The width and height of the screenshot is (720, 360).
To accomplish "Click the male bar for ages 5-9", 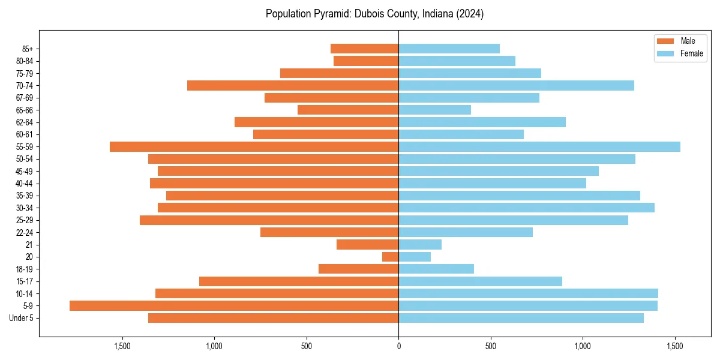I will [234, 306].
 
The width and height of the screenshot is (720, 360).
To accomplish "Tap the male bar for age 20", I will [391, 257].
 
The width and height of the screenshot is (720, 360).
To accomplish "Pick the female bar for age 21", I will [420, 245].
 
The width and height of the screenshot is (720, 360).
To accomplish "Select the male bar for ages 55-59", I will [254, 147].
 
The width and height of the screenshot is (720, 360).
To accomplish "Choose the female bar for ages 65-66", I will [435, 110].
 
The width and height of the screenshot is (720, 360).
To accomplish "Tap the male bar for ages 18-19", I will [359, 269].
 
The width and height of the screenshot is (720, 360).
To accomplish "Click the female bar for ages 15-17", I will [481, 281].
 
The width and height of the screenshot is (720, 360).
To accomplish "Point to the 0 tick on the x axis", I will [399, 347].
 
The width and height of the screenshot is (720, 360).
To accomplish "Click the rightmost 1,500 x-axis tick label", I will [675, 347].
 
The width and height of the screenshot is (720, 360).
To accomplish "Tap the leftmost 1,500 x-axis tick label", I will [122, 347].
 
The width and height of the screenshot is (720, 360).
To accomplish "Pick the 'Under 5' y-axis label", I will [22, 318].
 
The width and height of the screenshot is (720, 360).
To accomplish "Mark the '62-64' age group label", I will [25, 122].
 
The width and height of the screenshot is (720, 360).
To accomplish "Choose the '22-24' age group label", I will [25, 233].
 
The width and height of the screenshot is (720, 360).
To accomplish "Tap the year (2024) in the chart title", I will [469, 14].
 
